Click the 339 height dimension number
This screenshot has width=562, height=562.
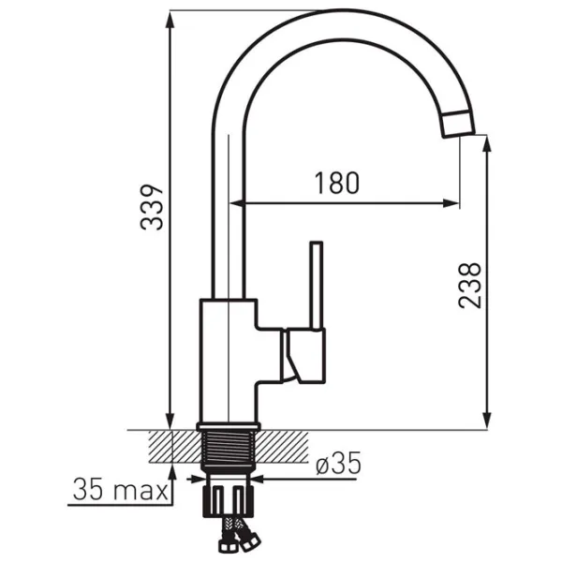tap(152, 207)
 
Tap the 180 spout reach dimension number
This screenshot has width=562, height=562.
tap(336, 184)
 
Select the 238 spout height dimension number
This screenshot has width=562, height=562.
tap(469, 285)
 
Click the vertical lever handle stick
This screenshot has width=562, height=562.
tap(317, 286)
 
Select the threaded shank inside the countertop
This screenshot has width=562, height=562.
tap(229, 448)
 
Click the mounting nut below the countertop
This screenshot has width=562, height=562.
tap(229, 501)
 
